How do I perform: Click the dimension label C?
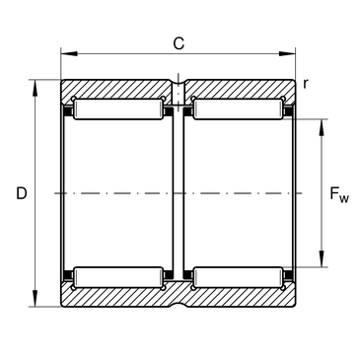click(179, 43)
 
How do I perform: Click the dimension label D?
click(22, 193)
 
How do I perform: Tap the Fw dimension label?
click(339, 194)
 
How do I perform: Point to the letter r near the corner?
click(306, 84)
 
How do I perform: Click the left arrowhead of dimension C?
click(69, 53)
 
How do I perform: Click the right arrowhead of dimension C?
click(287, 53)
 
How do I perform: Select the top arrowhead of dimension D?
click(35, 88)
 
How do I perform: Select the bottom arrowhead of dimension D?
click(35, 298)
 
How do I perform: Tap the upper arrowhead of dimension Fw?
click(322, 127)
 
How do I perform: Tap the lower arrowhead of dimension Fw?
click(322, 258)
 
